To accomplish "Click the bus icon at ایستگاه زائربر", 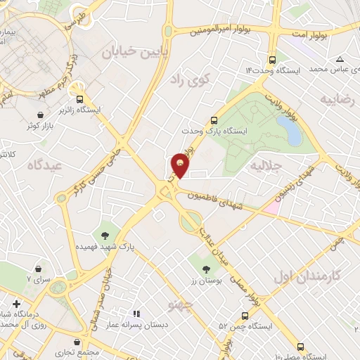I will coord(80,99).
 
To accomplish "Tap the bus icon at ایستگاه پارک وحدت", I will coord(215,120).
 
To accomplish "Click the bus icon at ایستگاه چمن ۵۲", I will coord(245,316).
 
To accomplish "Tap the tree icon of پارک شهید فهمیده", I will coord(105,235).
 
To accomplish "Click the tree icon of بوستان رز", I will coord(205,269).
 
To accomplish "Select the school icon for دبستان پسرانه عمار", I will coord(137,314).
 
